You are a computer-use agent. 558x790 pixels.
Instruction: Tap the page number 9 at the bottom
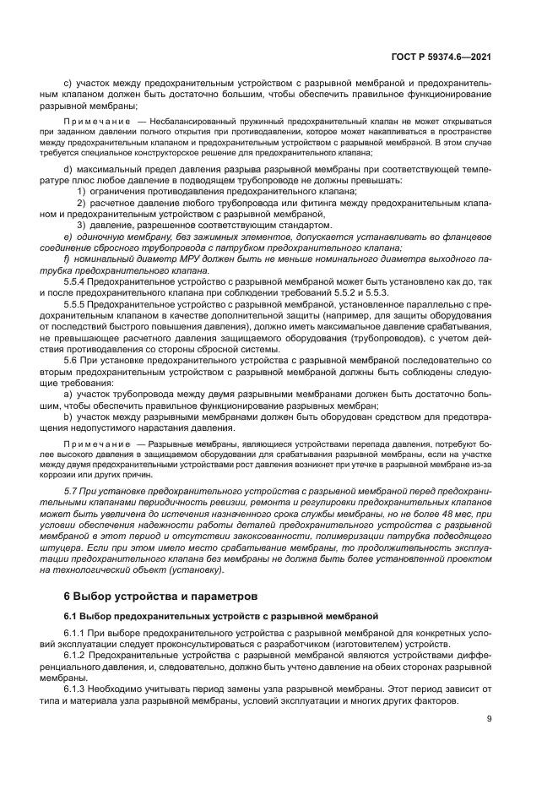490,719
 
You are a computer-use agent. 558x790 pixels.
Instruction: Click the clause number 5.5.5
77,303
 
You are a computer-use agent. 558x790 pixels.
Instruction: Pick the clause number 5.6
73,358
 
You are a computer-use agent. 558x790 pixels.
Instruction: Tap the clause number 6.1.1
77,632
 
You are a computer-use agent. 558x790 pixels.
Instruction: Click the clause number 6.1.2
77,654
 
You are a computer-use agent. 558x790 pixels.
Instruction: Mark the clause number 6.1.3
77,688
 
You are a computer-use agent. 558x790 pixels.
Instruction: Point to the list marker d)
68,171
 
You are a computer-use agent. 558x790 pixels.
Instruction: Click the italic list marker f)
68,259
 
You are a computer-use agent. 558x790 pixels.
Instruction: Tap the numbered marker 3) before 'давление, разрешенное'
81,226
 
